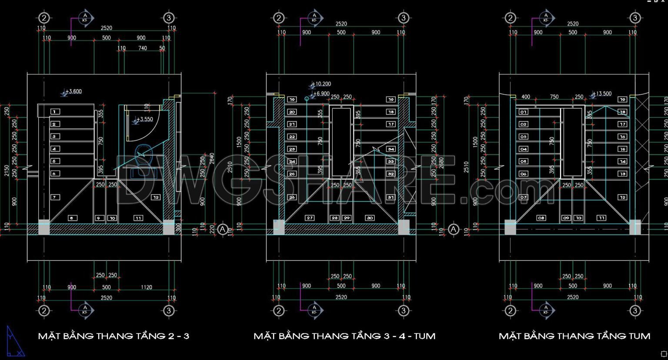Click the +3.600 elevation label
tap(74, 91)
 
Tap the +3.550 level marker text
tap(144, 119)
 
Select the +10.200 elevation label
tap(322, 84)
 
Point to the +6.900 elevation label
tap(321, 93)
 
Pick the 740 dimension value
tap(143, 48)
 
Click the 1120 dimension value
tap(147, 287)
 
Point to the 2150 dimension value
tap(7, 170)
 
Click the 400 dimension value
tap(526, 97)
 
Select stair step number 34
tap(391, 149)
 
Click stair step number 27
tap(310, 218)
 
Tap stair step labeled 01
tap(524, 112)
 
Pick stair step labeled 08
tap(541, 218)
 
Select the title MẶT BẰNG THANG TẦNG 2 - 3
tap(114, 336)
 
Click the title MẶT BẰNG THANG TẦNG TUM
tap(574, 336)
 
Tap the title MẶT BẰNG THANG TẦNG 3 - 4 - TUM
tap(344, 336)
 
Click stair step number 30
tap(369, 218)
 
